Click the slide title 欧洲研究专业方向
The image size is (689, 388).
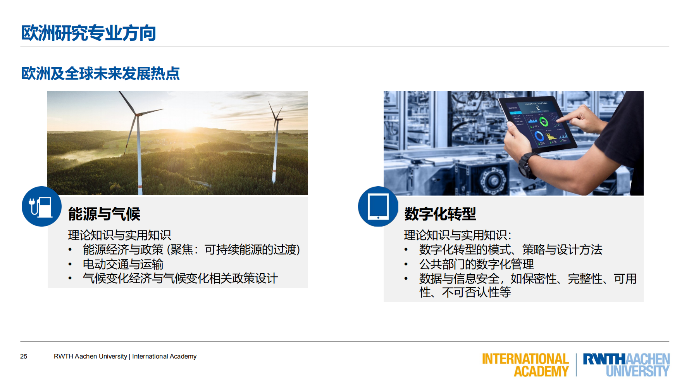click(88, 33)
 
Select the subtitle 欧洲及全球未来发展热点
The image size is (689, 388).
click(100, 73)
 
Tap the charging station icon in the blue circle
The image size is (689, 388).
click(41, 206)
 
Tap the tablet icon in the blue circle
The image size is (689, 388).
click(378, 206)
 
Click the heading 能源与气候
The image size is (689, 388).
click(104, 214)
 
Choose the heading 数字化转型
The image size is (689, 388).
click(440, 214)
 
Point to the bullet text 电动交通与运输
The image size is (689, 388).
click(123, 264)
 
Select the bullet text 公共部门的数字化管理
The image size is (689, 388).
click(476, 264)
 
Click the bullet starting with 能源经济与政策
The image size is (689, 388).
click(191, 249)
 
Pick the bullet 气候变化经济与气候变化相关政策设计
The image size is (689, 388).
click(180, 278)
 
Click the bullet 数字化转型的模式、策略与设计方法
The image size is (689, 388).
click(510, 249)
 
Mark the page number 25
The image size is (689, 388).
click(24, 356)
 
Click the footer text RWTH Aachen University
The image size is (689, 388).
click(90, 356)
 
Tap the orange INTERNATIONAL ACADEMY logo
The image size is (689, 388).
click(525, 365)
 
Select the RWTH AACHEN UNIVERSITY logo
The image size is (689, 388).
click(626, 365)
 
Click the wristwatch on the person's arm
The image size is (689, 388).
click(527, 165)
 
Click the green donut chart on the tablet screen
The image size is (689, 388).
click(544, 122)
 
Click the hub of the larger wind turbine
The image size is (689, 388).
click(136, 114)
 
